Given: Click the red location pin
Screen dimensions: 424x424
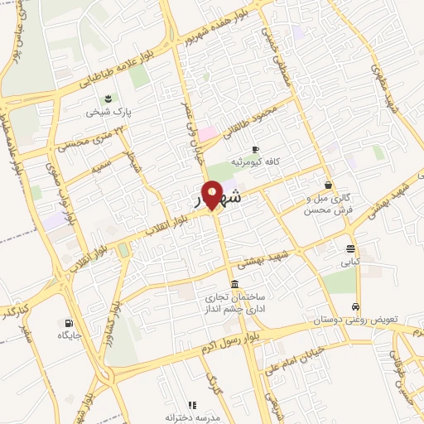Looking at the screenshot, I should [x=213, y=194].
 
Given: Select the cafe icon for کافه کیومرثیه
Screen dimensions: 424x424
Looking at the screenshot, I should [x=255, y=148].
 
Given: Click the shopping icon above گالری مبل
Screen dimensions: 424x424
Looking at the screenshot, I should [x=330, y=185].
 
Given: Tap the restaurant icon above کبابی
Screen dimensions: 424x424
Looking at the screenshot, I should [x=352, y=248].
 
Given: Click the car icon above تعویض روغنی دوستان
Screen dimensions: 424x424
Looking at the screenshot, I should [x=356, y=305].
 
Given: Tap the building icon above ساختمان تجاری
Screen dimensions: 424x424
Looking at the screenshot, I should [x=235, y=284].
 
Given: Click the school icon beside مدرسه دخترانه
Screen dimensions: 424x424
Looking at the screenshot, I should [x=192, y=405].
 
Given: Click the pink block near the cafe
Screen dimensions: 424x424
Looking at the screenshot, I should [x=207, y=132].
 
